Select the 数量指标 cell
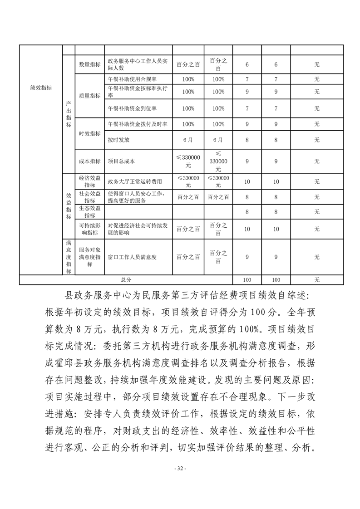point(89,64)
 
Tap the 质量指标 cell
point(89,96)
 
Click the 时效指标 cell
point(89,133)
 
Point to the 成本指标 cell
point(89,161)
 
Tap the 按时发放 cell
point(118,140)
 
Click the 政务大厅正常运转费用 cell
point(134,181)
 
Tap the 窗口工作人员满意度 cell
point(132,257)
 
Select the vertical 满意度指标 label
point(69,257)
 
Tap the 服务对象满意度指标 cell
point(89,257)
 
